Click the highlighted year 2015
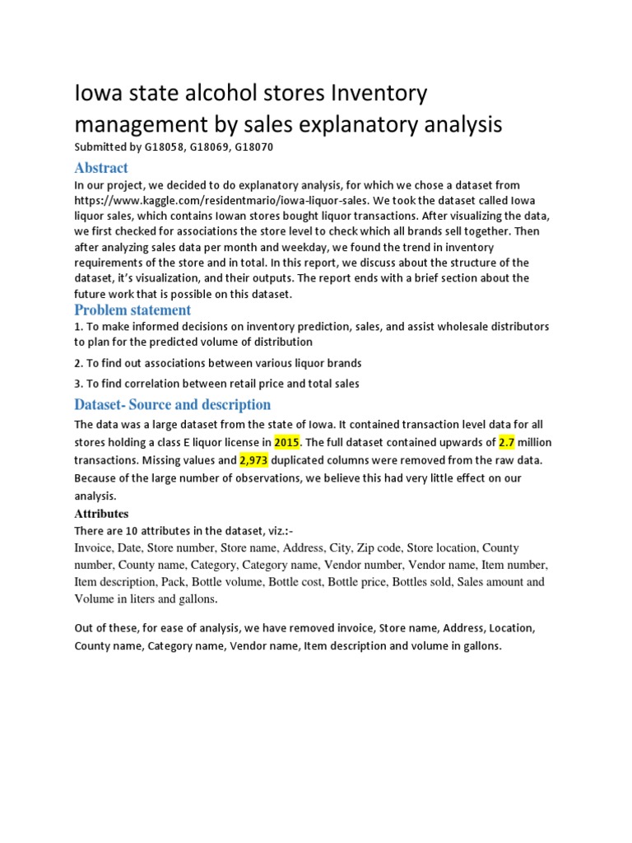tap(286, 442)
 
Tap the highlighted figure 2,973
tap(253, 460)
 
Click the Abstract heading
tap(101, 168)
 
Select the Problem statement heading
tap(132, 310)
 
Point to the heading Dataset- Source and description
tap(172, 404)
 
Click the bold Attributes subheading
tap(101, 514)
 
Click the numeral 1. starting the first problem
tap(78, 327)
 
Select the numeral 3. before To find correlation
tap(78, 383)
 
